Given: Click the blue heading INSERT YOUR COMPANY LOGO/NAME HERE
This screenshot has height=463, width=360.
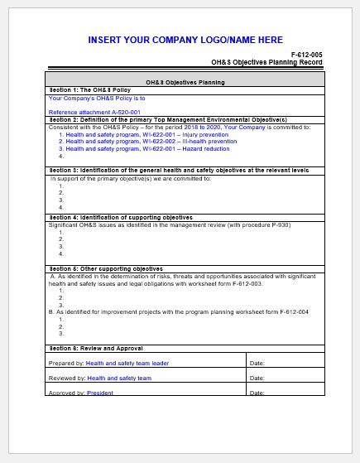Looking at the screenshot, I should pos(185,40).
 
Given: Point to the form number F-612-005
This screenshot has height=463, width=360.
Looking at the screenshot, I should pos(305,54).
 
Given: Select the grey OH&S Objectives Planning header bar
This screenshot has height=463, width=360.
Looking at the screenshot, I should pos(185,83).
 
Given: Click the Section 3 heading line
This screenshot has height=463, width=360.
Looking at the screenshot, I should pos(166,170).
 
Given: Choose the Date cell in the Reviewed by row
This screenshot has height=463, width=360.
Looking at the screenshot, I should pos(285,378).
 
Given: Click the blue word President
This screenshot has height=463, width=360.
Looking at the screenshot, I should pos(99,393).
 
